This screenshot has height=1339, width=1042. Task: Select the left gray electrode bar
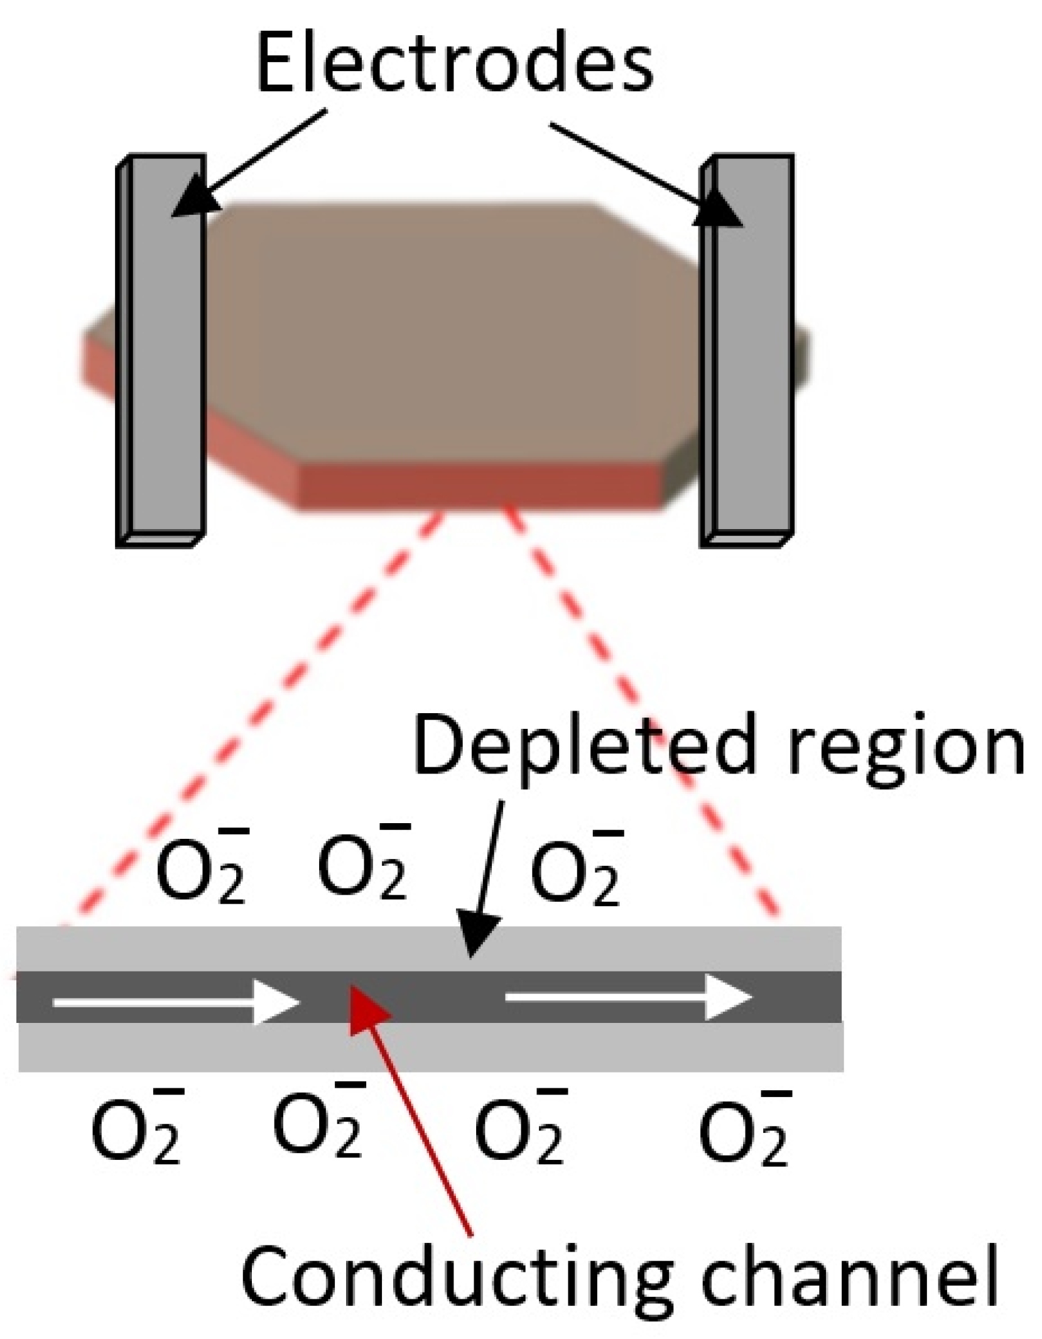(x=163, y=352)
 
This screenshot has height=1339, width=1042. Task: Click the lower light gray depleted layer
(x=430, y=1046)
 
